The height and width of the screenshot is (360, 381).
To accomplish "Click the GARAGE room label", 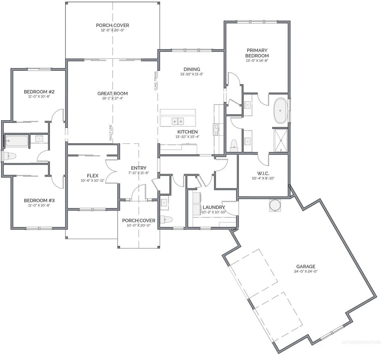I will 305,266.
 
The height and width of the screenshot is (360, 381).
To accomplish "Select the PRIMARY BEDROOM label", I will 257,53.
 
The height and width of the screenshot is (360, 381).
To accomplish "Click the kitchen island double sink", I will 178,121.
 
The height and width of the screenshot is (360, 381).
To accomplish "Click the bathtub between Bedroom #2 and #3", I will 17,141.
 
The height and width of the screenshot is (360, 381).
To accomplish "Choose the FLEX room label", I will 92,175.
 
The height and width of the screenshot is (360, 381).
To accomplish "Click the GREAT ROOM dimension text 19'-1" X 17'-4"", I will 112,99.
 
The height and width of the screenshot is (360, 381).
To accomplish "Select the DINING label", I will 192,69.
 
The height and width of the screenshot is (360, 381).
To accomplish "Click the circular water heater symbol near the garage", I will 275,205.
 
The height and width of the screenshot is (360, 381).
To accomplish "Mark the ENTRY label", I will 138,168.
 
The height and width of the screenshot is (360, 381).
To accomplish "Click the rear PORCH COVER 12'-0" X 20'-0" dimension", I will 112,31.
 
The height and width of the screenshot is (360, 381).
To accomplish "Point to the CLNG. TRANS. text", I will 155,80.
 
